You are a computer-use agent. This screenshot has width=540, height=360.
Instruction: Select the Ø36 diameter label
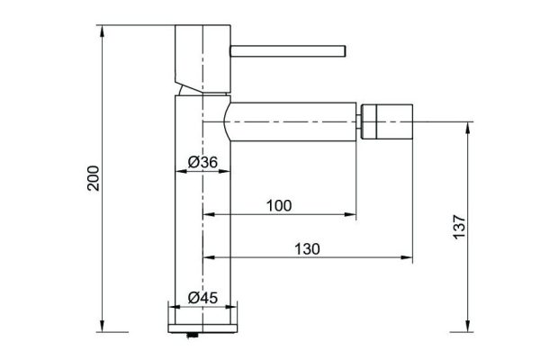pyautogui.click(x=203, y=162)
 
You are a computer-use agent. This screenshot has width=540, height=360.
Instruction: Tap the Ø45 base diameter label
pyautogui.click(x=203, y=298)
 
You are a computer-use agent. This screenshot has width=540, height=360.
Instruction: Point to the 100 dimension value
pyautogui.click(x=279, y=205)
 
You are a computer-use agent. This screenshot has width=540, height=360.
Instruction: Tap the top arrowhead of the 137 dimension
pyautogui.click(x=467, y=126)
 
